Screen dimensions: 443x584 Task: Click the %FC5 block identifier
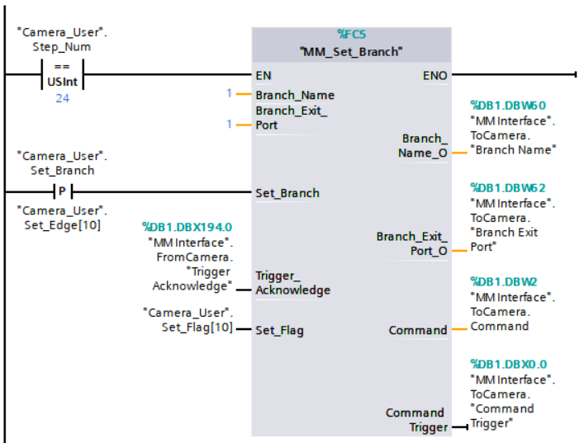pos(351,35)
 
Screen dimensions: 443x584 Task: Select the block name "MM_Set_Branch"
pos(351,51)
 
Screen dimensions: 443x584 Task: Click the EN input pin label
pos(264,75)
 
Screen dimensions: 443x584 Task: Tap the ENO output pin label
pos(434,75)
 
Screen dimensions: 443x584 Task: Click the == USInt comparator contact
pos(62,75)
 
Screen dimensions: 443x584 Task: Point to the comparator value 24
pos(62,97)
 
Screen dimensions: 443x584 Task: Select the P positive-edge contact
pos(62,192)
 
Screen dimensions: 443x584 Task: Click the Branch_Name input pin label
pos(294,95)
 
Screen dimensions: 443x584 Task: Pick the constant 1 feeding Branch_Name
pos(230,94)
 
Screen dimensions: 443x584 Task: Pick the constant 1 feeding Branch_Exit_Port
pos(230,125)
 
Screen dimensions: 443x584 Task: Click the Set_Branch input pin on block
pos(287,193)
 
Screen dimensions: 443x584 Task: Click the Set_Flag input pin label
pos(279,330)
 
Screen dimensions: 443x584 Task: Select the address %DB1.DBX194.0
pos(187,226)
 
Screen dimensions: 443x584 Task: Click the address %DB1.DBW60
pos(508,106)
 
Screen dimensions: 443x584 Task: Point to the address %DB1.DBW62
pos(508,188)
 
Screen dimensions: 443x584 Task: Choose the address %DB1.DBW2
pos(505,282)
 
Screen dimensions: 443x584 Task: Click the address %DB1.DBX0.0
pos(508,364)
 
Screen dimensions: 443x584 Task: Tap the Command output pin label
pos(418,330)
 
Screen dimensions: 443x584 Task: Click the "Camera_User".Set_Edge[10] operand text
pos(62,216)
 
